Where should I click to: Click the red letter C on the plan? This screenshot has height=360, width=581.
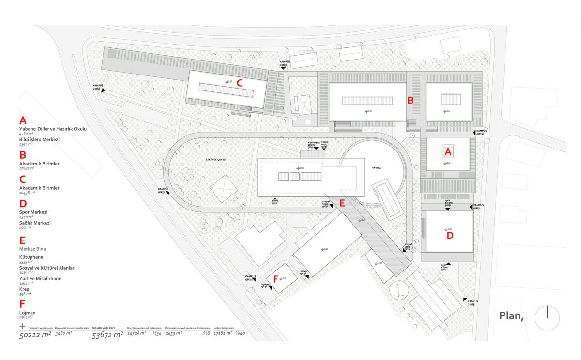point(239,82)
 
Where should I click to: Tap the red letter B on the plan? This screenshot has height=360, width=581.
point(410,101)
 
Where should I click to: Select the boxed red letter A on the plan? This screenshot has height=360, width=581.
point(448,151)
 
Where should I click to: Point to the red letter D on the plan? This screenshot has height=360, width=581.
point(450,236)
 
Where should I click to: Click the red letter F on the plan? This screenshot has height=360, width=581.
point(275,279)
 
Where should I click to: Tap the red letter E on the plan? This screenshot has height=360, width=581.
point(342,203)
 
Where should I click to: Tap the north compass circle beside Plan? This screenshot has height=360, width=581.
point(547,318)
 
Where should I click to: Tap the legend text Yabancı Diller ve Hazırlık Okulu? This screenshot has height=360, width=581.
point(53,129)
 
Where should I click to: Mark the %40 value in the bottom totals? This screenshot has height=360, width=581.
point(240,334)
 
